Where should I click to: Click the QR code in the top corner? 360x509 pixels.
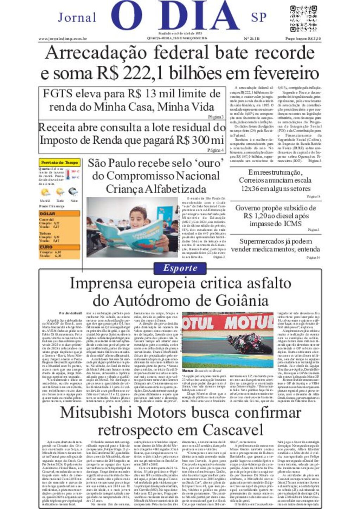point(303,19)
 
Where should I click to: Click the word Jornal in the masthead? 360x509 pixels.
point(77,17)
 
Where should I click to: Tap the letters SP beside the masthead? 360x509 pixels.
point(259,17)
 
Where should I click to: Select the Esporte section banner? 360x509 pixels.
point(180,268)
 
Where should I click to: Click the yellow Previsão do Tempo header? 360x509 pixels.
point(59,163)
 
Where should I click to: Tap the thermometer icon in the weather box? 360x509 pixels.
point(68,175)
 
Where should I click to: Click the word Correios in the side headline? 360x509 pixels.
point(254,180)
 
